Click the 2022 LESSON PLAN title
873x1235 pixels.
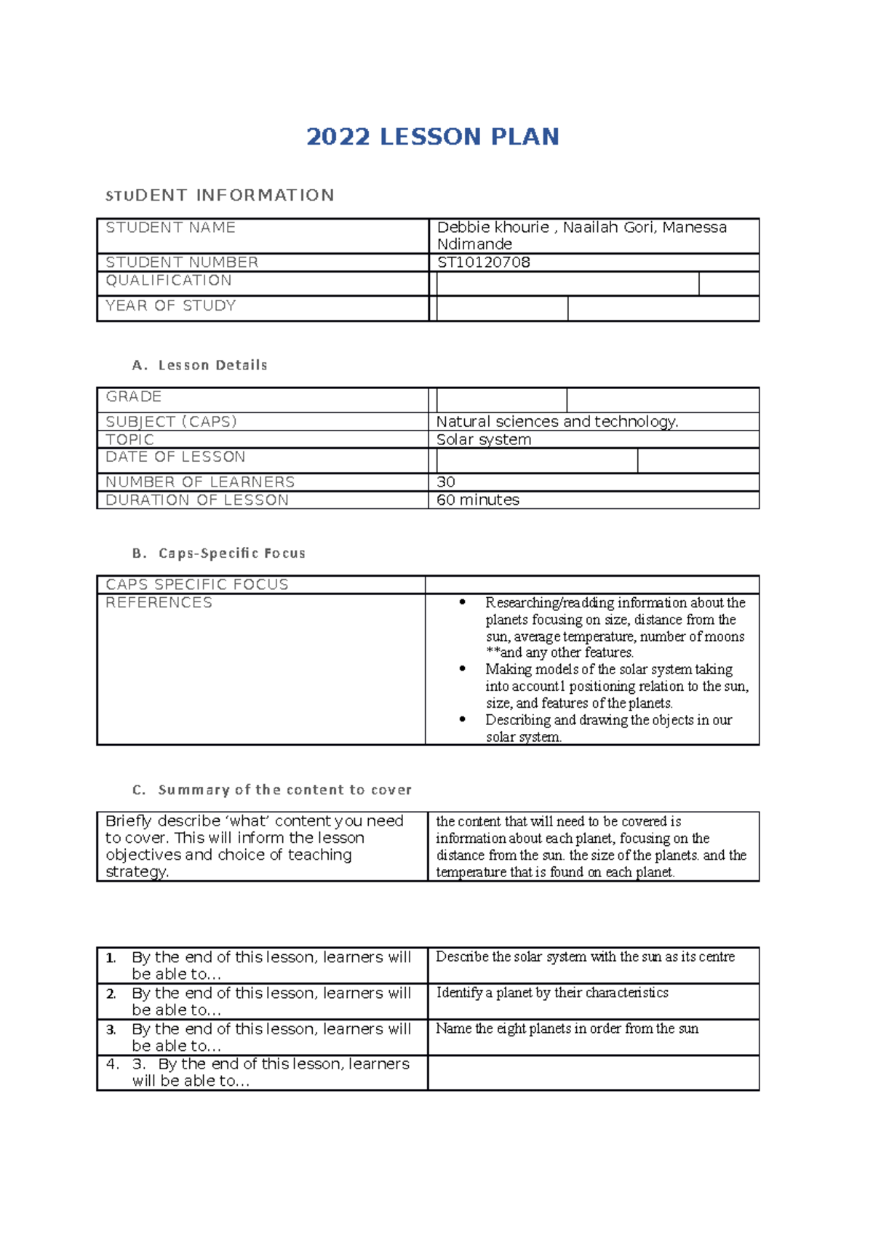pos(432,137)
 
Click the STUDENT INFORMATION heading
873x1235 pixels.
pos(220,195)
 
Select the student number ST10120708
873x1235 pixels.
pos(483,263)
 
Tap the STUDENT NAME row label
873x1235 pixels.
pos(170,228)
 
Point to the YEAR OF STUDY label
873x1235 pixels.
pos(170,305)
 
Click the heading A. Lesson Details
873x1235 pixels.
pos(200,365)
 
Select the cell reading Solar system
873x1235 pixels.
pos(483,439)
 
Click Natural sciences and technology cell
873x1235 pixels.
pos(557,422)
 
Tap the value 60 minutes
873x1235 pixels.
pos(477,500)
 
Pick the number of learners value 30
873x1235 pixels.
pos(445,481)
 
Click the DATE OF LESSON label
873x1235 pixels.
pos(175,457)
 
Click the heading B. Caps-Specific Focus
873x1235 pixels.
pos(219,553)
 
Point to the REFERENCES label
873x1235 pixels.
pos(159,602)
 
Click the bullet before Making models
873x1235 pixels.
pos(462,668)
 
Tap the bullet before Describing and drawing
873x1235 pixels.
pos(462,719)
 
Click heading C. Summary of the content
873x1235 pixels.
pos(272,790)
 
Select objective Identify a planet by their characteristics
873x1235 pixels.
pos(551,993)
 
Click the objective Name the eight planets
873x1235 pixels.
pos(567,1028)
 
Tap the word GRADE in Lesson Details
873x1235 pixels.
pos(133,396)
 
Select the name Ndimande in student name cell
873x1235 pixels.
pos(474,244)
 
